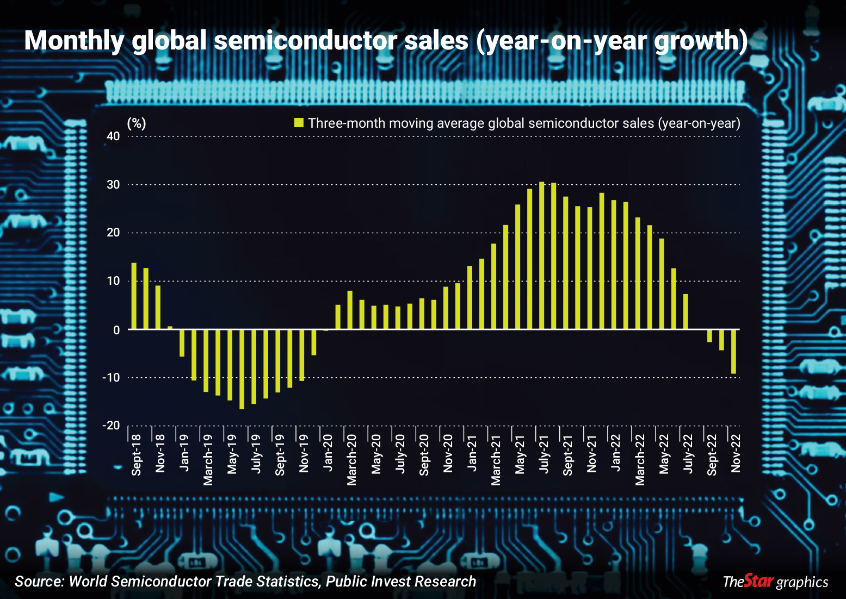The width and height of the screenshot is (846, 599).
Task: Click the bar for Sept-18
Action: pos(134,296)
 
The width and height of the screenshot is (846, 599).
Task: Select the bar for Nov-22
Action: pos(734,352)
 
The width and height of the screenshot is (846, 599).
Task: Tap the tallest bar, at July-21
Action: pos(541,255)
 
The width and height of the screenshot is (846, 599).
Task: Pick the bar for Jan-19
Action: pos(182,343)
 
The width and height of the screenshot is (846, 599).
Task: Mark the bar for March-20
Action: pos(350,310)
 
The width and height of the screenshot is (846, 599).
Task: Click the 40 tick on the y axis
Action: pos(113,136)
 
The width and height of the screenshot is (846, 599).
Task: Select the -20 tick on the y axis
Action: pos(111,426)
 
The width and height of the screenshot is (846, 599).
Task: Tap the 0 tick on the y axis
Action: pos(116,330)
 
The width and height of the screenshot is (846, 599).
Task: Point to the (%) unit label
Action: pos(137,123)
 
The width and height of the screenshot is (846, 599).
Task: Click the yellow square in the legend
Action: pos(299,123)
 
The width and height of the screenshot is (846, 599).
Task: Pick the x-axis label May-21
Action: pos(520,454)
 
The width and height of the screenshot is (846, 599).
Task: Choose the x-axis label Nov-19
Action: pos(304,453)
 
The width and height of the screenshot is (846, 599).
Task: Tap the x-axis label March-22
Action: pos(640,460)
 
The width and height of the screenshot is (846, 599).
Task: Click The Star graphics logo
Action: pos(775,581)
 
